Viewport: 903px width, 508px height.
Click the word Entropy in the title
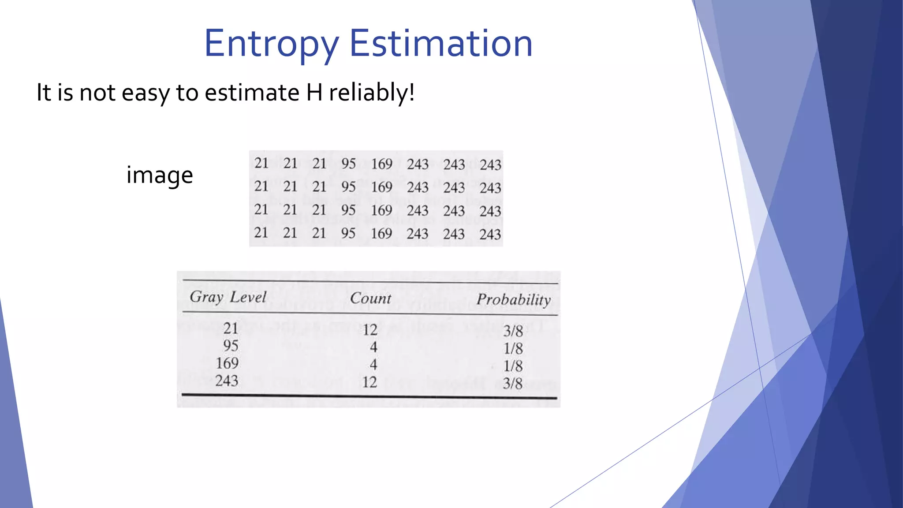click(x=271, y=44)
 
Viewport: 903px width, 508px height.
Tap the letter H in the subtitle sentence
click(x=314, y=93)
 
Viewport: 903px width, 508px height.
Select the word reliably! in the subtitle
click(x=372, y=93)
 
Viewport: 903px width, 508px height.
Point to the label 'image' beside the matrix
click(x=160, y=175)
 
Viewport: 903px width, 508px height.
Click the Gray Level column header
click(x=228, y=297)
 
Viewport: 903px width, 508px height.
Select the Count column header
click(x=370, y=299)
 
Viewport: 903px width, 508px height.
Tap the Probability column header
click(x=514, y=300)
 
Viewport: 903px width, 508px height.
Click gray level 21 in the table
click(x=231, y=328)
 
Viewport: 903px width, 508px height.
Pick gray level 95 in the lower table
click(x=231, y=346)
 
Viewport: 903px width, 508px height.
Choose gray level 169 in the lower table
click(x=227, y=363)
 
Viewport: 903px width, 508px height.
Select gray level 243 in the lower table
click(x=227, y=381)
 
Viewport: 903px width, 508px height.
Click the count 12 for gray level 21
click(x=370, y=329)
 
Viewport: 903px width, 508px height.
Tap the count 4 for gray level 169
click(x=373, y=365)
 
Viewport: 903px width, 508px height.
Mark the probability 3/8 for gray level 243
click(x=513, y=384)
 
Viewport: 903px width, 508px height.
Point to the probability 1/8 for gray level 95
click(x=513, y=349)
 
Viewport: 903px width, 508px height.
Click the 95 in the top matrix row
click(x=348, y=164)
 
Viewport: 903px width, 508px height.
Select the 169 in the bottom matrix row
click(x=381, y=233)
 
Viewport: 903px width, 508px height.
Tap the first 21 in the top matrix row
click(x=261, y=163)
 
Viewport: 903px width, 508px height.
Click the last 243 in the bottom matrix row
click(x=490, y=234)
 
